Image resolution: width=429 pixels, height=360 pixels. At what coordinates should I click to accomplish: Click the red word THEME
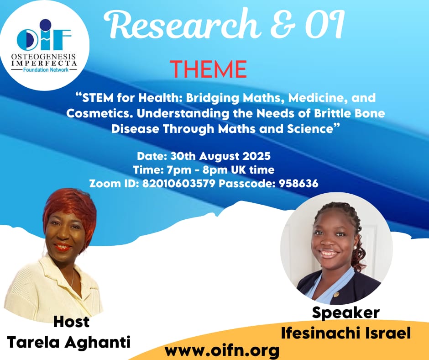pyautogui.click(x=208, y=69)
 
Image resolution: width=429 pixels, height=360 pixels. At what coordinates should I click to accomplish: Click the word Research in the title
pyautogui.click(x=181, y=25)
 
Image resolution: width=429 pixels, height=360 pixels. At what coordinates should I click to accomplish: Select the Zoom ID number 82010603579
pyautogui.click(x=178, y=183)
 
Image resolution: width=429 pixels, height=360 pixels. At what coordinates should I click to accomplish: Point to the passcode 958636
pyautogui.click(x=298, y=183)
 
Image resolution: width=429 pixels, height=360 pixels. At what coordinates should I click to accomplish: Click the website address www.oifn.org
pyautogui.click(x=222, y=350)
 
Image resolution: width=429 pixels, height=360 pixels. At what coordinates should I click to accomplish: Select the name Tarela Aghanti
pyautogui.click(x=68, y=342)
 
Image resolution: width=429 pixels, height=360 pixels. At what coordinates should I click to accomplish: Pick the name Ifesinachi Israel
pyautogui.click(x=346, y=333)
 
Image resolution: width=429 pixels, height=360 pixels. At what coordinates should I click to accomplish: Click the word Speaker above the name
pyautogui.click(x=346, y=312)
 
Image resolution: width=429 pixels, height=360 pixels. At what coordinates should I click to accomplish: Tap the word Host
pyautogui.click(x=71, y=322)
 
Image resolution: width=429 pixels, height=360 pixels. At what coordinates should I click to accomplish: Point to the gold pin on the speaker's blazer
pyautogui.click(x=336, y=295)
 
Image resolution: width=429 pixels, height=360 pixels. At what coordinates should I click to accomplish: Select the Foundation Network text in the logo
pyautogui.click(x=46, y=69)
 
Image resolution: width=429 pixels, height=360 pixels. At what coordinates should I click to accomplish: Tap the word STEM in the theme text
pyautogui.click(x=98, y=98)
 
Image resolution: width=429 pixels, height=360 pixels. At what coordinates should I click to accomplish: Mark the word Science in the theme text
pyautogui.click(x=310, y=129)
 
